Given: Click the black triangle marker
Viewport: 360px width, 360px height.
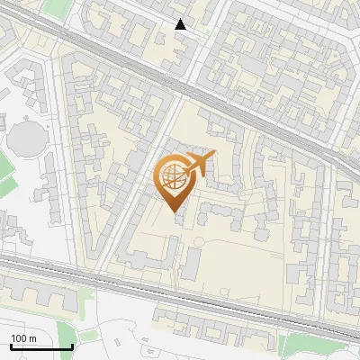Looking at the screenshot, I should pos(181,24).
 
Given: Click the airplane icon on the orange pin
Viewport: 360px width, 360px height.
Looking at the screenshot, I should pos(200,162).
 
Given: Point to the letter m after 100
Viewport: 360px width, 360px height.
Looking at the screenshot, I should pos(32,337).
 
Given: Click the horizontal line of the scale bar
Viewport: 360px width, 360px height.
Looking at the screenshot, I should pos(41,347).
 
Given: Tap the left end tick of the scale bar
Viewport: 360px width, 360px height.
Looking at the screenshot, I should pos(11,346).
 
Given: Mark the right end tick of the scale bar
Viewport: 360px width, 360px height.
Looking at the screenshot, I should pos(72,346).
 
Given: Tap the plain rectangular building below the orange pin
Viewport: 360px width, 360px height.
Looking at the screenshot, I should pos(192,263).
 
